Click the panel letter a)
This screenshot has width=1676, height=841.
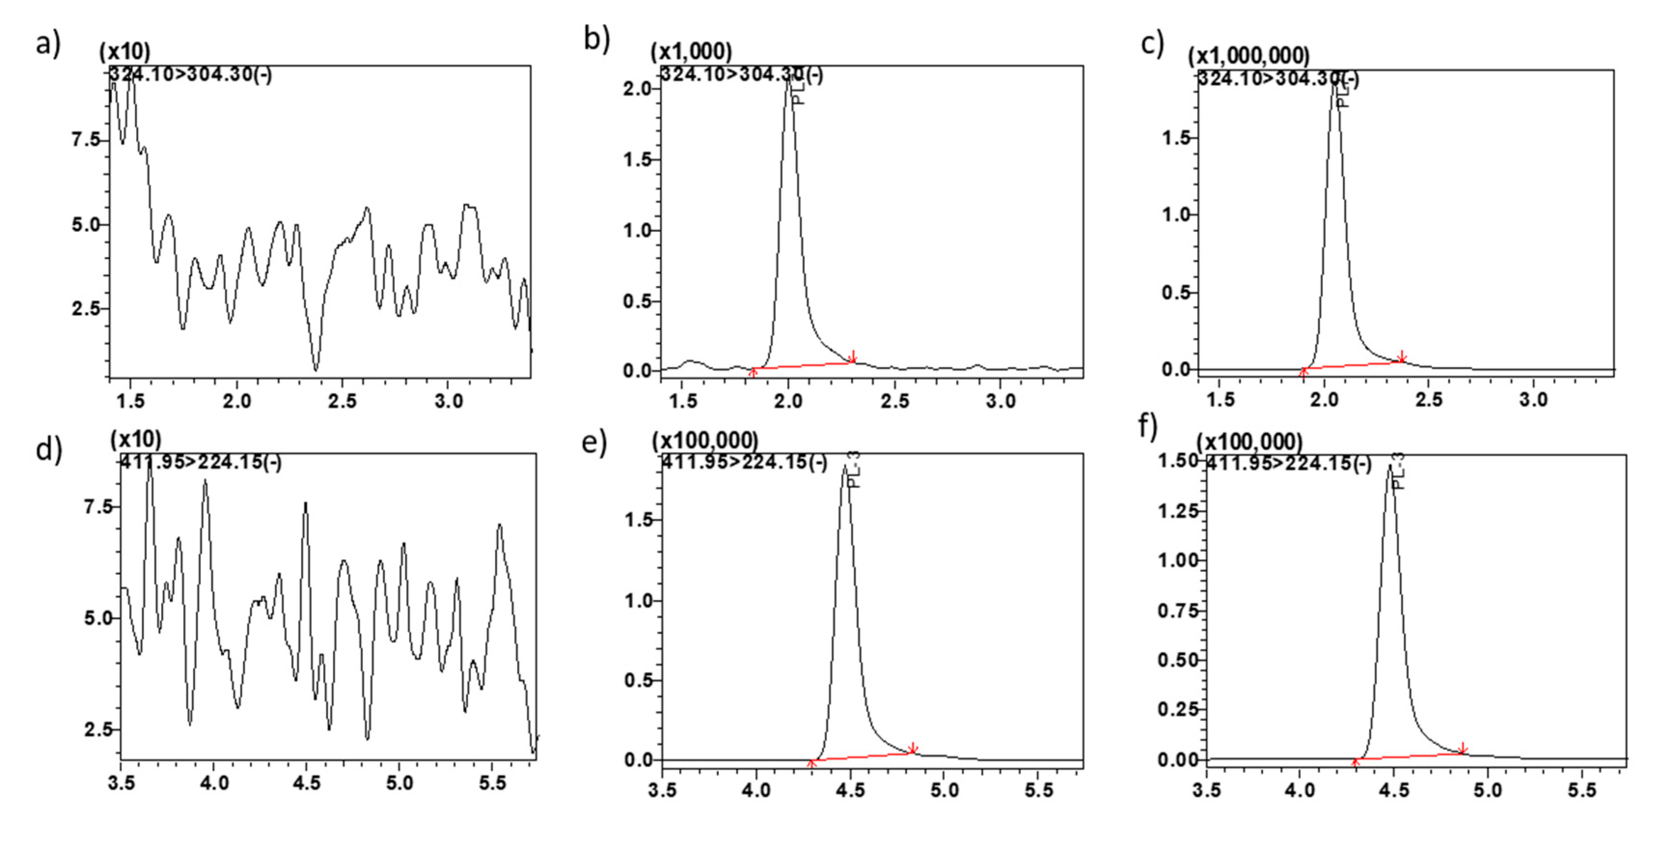pyautogui.click(x=47, y=44)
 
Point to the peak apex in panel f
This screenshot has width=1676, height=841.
pyautogui.click(x=1390, y=466)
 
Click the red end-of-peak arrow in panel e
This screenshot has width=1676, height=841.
pyautogui.click(x=913, y=748)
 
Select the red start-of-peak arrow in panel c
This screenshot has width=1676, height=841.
pyautogui.click(x=1303, y=372)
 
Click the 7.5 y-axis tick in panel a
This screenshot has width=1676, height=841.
pyautogui.click(x=86, y=140)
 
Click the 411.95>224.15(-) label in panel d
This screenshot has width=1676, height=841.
pyautogui.click(x=200, y=462)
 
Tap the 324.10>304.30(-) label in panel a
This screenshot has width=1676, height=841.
pyautogui.click(x=190, y=75)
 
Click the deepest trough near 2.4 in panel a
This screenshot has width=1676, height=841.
pyautogui.click(x=316, y=369)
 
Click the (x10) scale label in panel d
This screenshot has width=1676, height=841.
pyautogui.click(x=136, y=440)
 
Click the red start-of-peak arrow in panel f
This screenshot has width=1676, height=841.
pyautogui.click(x=1356, y=761)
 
